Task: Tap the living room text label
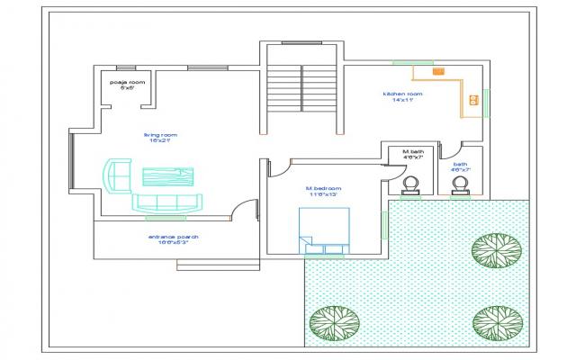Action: click(160, 134)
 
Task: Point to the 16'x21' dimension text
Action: click(160, 141)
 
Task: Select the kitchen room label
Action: click(402, 94)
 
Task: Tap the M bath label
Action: click(413, 151)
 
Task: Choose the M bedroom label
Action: click(322, 188)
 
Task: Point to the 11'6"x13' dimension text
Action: click(322, 195)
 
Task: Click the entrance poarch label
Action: click(173, 237)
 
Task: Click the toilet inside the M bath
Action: click(412, 184)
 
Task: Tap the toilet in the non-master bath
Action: click(461, 184)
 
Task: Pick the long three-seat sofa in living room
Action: click(169, 202)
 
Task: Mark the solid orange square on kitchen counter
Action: click(438, 70)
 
